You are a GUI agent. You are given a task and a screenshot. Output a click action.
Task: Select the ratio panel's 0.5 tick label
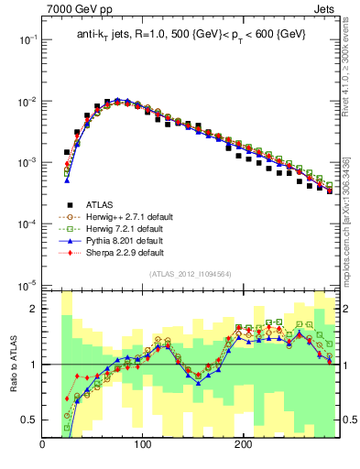coord(28,420)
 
